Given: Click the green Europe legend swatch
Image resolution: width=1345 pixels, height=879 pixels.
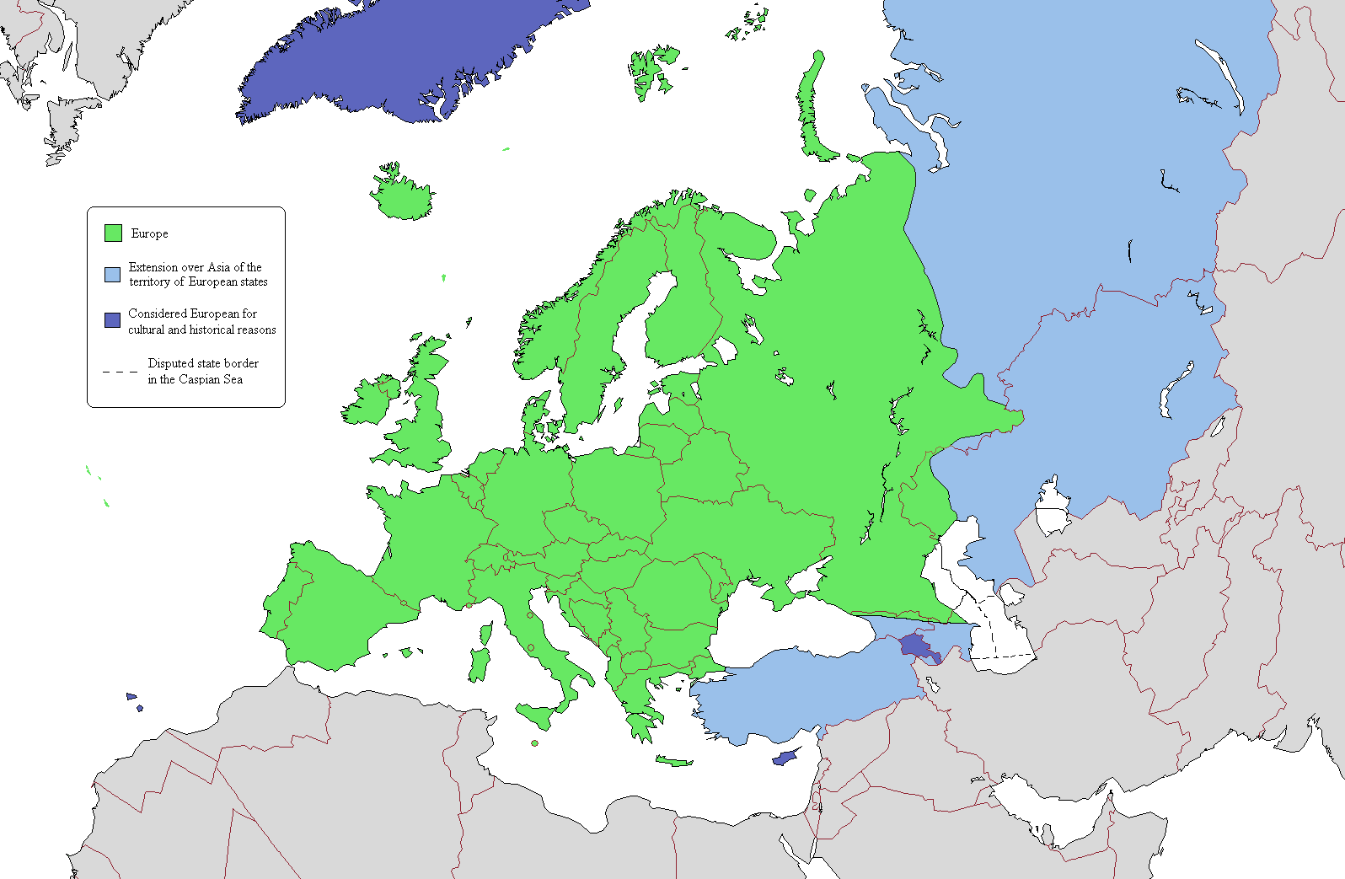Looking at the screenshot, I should tap(113, 233).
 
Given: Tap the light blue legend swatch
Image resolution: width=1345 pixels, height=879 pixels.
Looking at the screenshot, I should tap(112, 274).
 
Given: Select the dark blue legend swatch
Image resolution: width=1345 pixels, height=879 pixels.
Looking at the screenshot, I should tap(112, 320).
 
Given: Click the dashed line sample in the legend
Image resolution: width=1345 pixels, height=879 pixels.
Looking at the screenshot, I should tap(120, 371).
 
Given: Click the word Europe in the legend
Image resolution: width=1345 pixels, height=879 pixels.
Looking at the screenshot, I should tap(149, 233).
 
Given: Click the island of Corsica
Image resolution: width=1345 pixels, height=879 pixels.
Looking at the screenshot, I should tap(486, 633).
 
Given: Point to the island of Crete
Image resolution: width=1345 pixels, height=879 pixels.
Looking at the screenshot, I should tap(674, 761).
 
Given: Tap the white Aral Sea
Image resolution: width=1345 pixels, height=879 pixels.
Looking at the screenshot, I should tap(1052, 506).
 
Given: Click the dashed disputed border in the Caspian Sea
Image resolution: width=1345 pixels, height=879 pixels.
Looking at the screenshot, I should tap(1003, 656).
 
